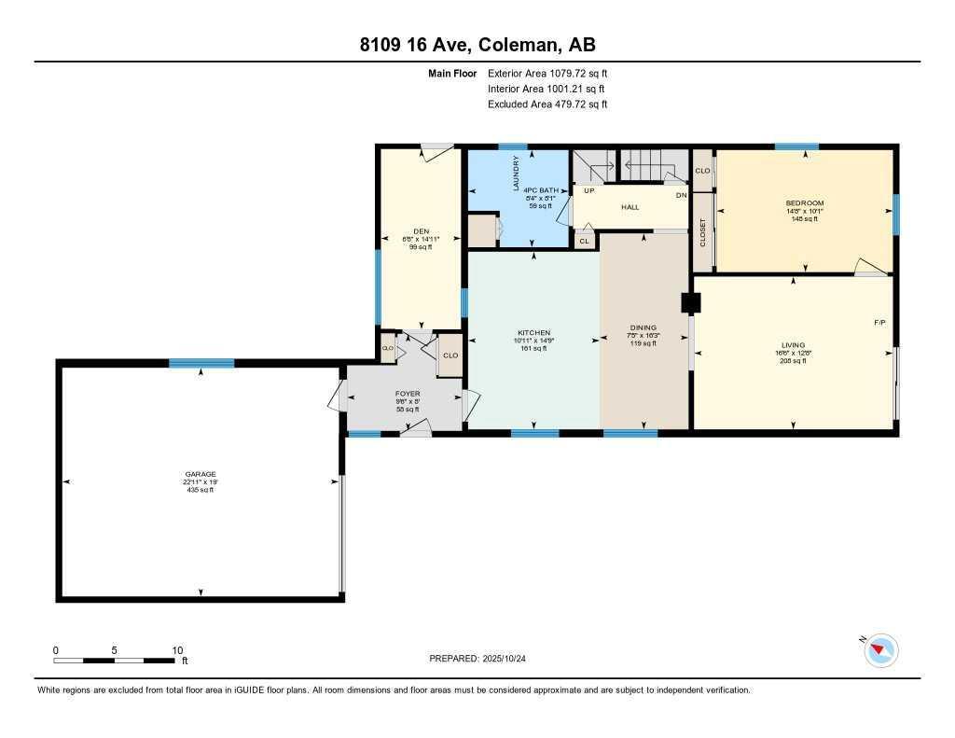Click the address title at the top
pos(477,45)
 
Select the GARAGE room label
pos(200,474)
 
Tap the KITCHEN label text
pos(534,333)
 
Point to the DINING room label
pos(644,327)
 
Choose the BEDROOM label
pos(804,203)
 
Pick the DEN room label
pos(421,232)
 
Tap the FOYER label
pos(408,394)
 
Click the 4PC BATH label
pos(541,190)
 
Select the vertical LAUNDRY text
pos(516,174)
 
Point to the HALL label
pos(630,206)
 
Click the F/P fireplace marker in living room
pos(879,323)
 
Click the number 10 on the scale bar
pos(177,650)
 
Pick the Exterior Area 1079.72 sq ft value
pos(547,73)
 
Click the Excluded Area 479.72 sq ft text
pos(547,104)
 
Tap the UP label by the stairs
pos(588,190)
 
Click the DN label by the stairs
pos(681,195)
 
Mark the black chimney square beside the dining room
pos(691,302)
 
